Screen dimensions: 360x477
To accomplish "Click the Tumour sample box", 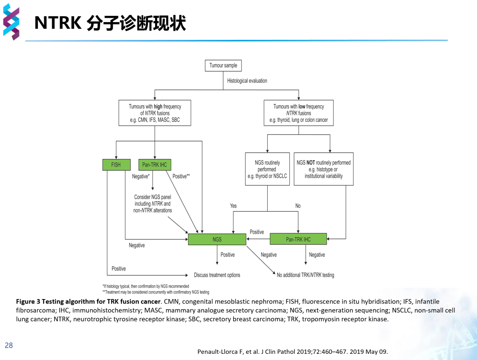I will point(223,65).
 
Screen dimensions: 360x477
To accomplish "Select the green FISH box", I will point(116,165).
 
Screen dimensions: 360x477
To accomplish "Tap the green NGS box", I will point(217,239).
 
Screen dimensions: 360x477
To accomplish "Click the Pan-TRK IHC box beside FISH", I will point(155,165).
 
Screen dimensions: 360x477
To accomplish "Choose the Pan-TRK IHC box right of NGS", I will point(298,239).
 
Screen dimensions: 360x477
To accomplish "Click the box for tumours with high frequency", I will point(155,113).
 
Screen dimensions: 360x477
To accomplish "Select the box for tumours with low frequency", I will point(299,113).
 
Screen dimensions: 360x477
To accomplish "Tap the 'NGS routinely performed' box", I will point(267,169).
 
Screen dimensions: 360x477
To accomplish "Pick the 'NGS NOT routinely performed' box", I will point(323,169).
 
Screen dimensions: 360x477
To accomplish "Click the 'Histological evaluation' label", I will point(247,81).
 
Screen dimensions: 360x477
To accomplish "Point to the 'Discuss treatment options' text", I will point(217,275).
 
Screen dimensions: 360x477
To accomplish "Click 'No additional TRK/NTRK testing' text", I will point(305,275).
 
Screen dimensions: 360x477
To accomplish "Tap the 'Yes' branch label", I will point(233,206).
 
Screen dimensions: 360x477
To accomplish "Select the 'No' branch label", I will point(298,206).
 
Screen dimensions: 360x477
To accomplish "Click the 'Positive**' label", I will point(181,176).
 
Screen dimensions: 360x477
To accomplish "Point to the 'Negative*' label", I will point(141,176).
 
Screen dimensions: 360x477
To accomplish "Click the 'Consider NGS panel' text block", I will point(153,204).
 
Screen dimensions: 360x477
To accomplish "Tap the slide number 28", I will point(9,345).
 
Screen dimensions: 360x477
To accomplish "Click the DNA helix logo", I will point(11,22).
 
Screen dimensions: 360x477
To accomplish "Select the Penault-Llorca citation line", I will point(292,352).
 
